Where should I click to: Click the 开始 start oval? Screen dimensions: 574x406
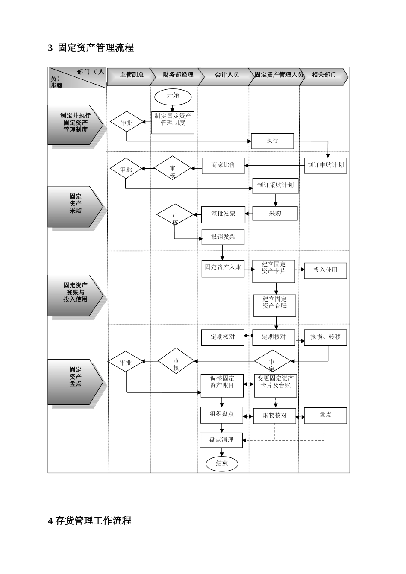click(x=173, y=96)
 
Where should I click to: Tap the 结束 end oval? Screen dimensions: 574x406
click(x=222, y=463)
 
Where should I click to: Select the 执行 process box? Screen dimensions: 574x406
click(x=272, y=141)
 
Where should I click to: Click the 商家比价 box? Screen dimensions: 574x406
click(x=223, y=165)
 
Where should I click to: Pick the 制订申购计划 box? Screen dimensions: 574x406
click(x=325, y=165)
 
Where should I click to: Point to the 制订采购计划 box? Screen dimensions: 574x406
click(x=275, y=186)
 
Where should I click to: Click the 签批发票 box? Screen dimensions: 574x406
click(x=223, y=214)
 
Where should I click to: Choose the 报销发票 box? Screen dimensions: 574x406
click(x=223, y=237)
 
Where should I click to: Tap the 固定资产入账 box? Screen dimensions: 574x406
click(x=223, y=268)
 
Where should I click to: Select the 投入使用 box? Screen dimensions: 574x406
click(x=325, y=270)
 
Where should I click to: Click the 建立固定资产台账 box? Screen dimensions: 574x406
click(x=274, y=305)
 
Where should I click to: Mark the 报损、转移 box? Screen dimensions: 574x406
click(x=325, y=337)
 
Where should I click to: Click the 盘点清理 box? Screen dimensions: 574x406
click(x=221, y=440)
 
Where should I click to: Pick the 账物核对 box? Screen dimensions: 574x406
click(x=274, y=415)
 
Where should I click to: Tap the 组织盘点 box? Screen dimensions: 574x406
click(x=221, y=414)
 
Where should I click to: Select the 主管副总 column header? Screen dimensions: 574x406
click(x=132, y=75)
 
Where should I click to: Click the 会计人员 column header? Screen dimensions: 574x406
click(x=227, y=75)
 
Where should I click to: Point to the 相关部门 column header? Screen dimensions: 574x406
click(x=324, y=75)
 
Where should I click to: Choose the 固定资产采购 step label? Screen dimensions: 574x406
click(x=76, y=204)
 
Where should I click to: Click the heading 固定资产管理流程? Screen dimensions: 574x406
click(x=96, y=48)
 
